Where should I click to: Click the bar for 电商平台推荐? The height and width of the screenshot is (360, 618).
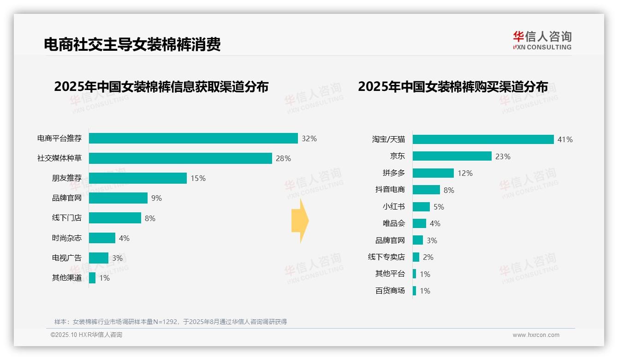pyautogui.click(x=193, y=138)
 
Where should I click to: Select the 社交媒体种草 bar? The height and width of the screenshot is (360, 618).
pyautogui.click(x=180, y=158)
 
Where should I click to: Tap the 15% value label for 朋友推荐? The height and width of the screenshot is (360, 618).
pyautogui.click(x=198, y=178)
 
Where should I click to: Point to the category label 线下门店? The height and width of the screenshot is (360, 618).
pyautogui.click(x=66, y=218)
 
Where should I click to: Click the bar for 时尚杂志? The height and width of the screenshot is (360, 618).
pyautogui.click(x=102, y=238)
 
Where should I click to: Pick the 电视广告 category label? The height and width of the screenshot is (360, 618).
pyautogui.click(x=66, y=258)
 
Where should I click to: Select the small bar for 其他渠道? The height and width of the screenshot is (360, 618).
pyautogui.click(x=92, y=278)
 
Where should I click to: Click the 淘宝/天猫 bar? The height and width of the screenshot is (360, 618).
pyautogui.click(x=483, y=139)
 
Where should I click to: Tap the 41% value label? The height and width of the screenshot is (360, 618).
pyautogui.click(x=565, y=139)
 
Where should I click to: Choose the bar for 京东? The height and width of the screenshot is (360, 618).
pyautogui.click(x=452, y=156)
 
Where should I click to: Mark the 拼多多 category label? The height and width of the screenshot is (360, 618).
pyautogui.click(x=393, y=173)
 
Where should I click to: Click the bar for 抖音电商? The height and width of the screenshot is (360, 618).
pyautogui.click(x=426, y=190)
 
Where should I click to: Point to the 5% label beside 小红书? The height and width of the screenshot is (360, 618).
pyautogui.click(x=439, y=207)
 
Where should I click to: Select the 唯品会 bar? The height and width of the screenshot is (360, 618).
pyautogui.click(x=419, y=223)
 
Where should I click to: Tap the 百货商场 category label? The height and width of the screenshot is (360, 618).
pyautogui.click(x=390, y=291)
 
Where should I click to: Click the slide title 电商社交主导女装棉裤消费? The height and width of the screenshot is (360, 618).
pyautogui.click(x=132, y=44)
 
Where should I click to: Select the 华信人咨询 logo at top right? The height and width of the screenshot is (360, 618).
pyautogui.click(x=542, y=40)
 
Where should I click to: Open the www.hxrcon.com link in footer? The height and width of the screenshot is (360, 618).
pyautogui.click(x=536, y=335)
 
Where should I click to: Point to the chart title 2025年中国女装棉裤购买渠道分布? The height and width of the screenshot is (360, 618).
pyautogui.click(x=453, y=87)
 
